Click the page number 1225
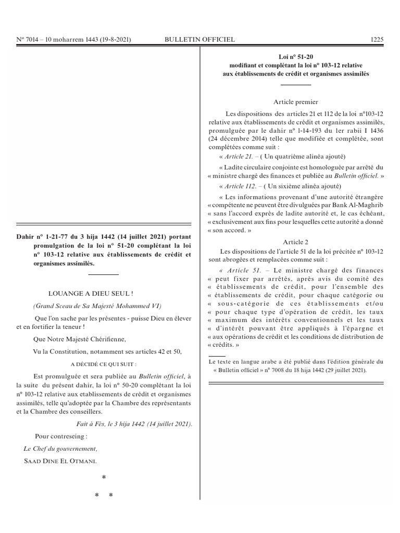(377, 40)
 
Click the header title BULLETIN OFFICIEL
(199, 40)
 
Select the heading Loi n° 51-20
(295, 57)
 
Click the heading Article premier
(295, 102)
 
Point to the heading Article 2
(295, 242)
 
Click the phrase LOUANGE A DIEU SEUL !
(91, 294)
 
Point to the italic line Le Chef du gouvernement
(60, 449)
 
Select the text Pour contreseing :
(61, 436)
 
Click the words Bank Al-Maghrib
(359, 206)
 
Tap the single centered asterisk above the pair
(104, 478)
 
